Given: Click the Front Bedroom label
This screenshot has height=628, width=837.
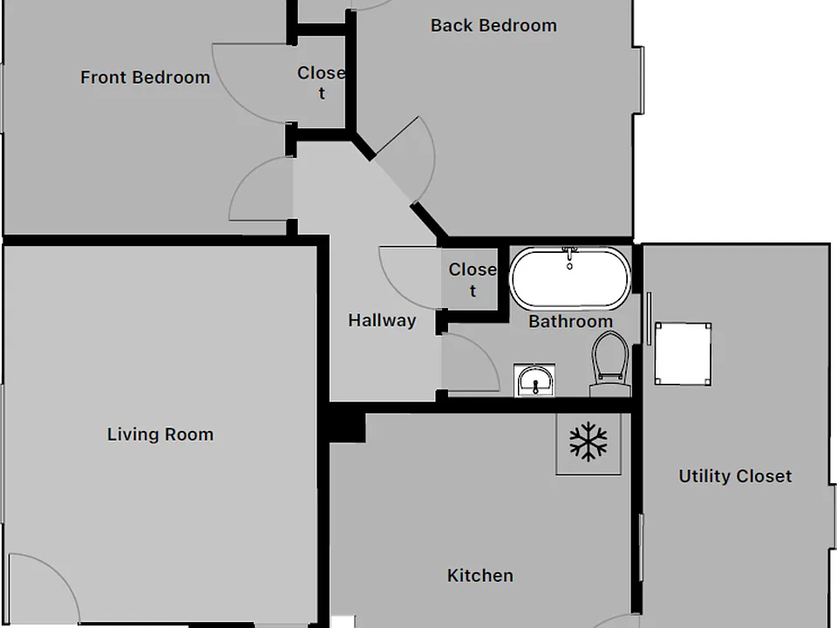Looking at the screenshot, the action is click(x=146, y=78).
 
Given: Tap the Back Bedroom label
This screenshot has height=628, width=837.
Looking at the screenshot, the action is click(x=493, y=25).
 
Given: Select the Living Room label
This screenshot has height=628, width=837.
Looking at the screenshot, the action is click(x=160, y=434).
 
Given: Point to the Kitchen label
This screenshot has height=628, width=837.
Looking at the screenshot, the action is click(x=480, y=576).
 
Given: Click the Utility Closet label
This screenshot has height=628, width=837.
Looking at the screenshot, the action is click(x=735, y=476).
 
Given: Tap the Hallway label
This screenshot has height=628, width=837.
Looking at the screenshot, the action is click(x=382, y=320).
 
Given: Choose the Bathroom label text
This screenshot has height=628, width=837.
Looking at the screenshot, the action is click(x=570, y=322).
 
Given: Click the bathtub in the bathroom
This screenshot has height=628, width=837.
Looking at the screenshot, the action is click(x=570, y=277).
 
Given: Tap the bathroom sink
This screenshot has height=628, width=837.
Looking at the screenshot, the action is click(x=534, y=380).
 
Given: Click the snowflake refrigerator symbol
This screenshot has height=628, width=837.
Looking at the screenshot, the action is click(x=589, y=441).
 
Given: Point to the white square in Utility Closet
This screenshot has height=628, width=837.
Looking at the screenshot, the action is click(x=684, y=353).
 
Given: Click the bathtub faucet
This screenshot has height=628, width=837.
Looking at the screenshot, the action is click(x=569, y=257).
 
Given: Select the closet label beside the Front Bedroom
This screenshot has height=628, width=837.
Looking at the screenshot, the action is click(x=322, y=83).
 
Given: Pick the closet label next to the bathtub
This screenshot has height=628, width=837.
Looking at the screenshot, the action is click(x=473, y=280).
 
